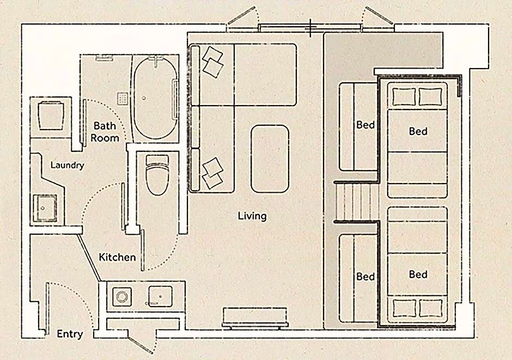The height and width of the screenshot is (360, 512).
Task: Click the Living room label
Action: click(252, 216)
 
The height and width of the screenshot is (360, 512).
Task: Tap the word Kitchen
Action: click(117, 257)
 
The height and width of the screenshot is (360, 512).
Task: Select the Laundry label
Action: click(67, 165)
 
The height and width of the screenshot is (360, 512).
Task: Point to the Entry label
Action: click(70, 334)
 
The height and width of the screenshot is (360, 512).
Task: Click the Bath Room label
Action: click(105, 132)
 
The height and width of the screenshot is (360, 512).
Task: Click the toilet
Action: click(157, 175)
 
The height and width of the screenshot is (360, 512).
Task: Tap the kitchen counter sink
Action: click(160, 296)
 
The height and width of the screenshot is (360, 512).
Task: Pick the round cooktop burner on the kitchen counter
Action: click(122, 297)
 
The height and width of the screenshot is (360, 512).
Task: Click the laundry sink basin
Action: click(45, 208)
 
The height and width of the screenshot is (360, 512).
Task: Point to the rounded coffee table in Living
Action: click(270, 158)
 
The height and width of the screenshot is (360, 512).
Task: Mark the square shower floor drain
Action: click(123, 98)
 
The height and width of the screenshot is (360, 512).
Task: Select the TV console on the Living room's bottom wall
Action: click(255, 317)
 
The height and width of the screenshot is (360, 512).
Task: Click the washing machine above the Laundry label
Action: click(51, 116)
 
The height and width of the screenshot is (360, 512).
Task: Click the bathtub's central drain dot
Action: click(144, 97)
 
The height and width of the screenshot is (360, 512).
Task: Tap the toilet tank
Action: click(157, 160)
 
